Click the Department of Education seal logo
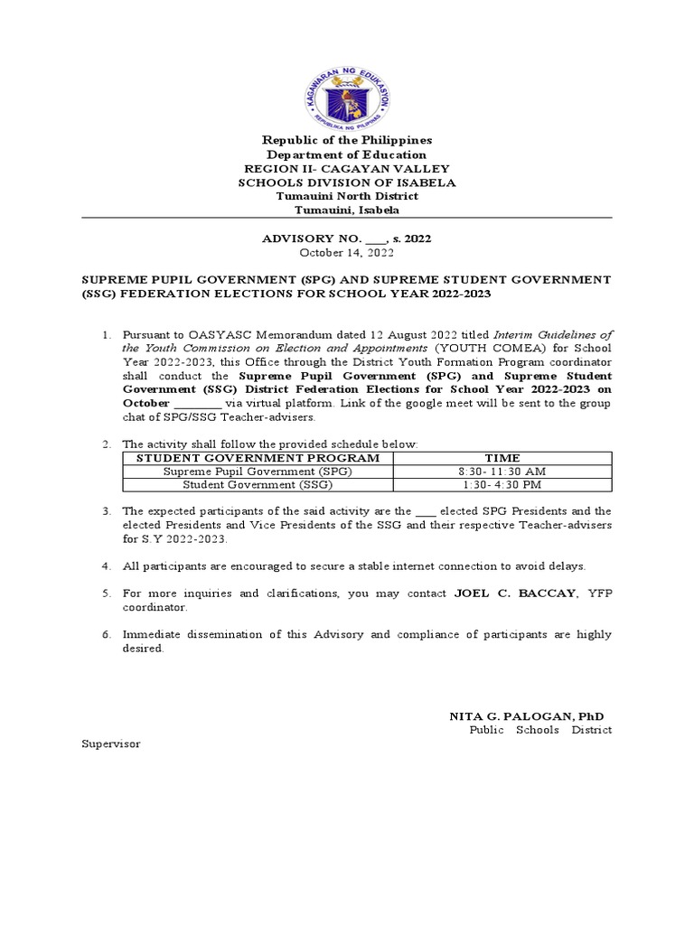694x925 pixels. [347, 94]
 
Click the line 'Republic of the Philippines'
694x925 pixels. [347, 140]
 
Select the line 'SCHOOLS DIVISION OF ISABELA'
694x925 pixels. [347, 182]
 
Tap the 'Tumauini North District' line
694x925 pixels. [347, 196]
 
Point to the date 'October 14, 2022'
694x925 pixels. [347, 253]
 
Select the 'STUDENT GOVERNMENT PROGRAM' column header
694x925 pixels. [257, 458]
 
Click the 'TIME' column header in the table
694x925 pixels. [502, 458]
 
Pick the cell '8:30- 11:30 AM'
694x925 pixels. [502, 472]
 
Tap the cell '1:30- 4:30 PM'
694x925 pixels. [502, 484]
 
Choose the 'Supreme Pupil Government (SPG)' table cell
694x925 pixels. [257, 472]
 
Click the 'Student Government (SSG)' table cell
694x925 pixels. [257, 484]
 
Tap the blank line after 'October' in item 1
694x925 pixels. [197, 403]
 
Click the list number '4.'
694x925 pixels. [106, 566]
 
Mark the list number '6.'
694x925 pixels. [106, 634]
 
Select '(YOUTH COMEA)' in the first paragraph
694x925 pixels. [479, 348]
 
